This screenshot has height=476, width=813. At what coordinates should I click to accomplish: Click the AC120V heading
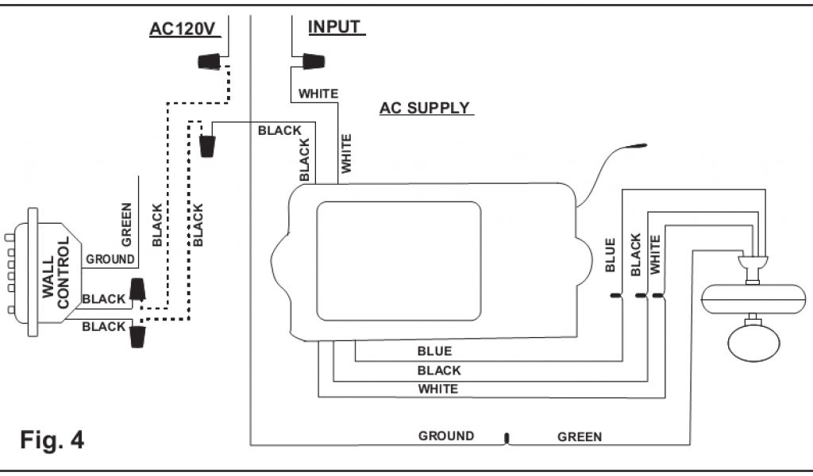tap(183, 29)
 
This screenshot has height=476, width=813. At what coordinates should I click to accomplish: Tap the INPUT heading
tap(335, 27)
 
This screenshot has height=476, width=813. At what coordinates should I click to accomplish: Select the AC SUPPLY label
tap(425, 108)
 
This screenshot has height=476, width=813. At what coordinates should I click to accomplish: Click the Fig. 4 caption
tap(52, 439)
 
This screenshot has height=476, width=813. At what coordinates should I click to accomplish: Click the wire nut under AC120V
tap(209, 61)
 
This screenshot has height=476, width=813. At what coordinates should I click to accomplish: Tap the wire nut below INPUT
tap(311, 61)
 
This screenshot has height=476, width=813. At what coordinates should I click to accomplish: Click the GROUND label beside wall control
tap(110, 259)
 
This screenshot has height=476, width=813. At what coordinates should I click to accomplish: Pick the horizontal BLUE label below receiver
tap(434, 351)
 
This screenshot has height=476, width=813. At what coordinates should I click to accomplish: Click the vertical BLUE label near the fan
tap(611, 255)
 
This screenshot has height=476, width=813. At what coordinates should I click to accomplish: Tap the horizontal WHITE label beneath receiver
tap(437, 389)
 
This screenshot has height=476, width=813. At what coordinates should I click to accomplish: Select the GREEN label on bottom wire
tap(580, 436)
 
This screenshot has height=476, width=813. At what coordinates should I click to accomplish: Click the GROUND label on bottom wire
tap(446, 436)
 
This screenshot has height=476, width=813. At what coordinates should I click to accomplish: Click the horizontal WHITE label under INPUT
tap(318, 94)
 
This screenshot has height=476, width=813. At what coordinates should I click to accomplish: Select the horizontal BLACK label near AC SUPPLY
tap(279, 131)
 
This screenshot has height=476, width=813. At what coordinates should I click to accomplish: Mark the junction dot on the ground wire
tap(507, 437)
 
